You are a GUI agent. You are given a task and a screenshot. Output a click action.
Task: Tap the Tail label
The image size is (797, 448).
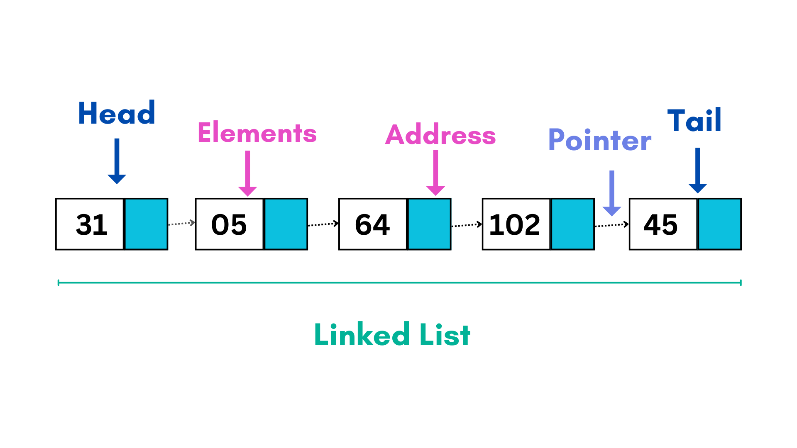[694, 120]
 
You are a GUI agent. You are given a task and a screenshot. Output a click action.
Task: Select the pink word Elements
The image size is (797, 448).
[257, 133]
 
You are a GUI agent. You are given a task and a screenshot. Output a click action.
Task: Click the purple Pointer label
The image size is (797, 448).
[600, 140]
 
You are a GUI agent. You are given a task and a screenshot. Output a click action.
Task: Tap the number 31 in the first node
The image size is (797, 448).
[92, 224]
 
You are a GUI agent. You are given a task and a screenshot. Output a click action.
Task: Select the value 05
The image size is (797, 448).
[229, 224]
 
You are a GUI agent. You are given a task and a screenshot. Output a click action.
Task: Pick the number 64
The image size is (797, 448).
[372, 224]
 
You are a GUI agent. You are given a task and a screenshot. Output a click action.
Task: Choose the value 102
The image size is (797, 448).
[515, 224]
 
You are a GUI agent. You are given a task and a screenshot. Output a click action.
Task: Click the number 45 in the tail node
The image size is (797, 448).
[660, 224]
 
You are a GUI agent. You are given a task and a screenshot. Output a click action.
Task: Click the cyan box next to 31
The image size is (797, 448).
[146, 224]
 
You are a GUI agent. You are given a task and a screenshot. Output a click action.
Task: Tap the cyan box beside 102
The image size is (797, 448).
[572, 224]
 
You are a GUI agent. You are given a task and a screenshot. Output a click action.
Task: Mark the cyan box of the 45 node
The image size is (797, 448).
[719, 224]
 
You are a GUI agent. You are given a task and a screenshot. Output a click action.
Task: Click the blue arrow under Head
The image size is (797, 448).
[117, 161]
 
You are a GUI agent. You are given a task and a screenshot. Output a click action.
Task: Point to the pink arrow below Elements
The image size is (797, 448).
[248, 173]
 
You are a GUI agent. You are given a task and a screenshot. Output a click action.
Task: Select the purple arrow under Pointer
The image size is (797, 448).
[612, 193]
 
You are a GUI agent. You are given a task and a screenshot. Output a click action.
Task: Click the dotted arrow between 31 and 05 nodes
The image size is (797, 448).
[181, 224]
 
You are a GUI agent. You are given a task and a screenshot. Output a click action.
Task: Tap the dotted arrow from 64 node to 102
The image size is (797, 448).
[467, 225]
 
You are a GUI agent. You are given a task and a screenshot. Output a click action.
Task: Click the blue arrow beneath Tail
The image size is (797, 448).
[698, 170]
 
